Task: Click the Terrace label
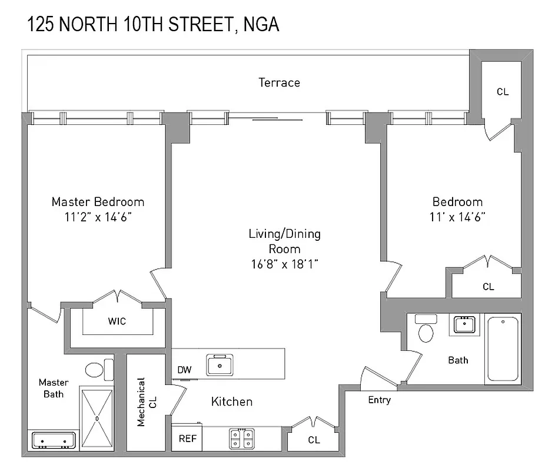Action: tap(279, 83)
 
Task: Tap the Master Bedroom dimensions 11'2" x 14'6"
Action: tap(98, 217)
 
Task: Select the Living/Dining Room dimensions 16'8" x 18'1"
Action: tap(284, 264)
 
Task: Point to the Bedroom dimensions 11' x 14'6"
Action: tap(458, 217)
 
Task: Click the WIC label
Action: tap(117, 321)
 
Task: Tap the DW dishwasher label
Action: tap(185, 370)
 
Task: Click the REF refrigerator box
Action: tap(187, 439)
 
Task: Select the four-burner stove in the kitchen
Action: tap(241, 439)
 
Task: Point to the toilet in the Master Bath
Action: tap(95, 370)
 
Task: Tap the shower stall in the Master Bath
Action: tap(98, 417)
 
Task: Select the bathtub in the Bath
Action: tap(503, 349)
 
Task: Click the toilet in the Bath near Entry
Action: tap(425, 330)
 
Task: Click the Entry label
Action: tap(379, 400)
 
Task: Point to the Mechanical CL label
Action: tap(145, 402)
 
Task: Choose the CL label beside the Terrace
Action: tap(502, 92)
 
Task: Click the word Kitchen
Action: tap(232, 402)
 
